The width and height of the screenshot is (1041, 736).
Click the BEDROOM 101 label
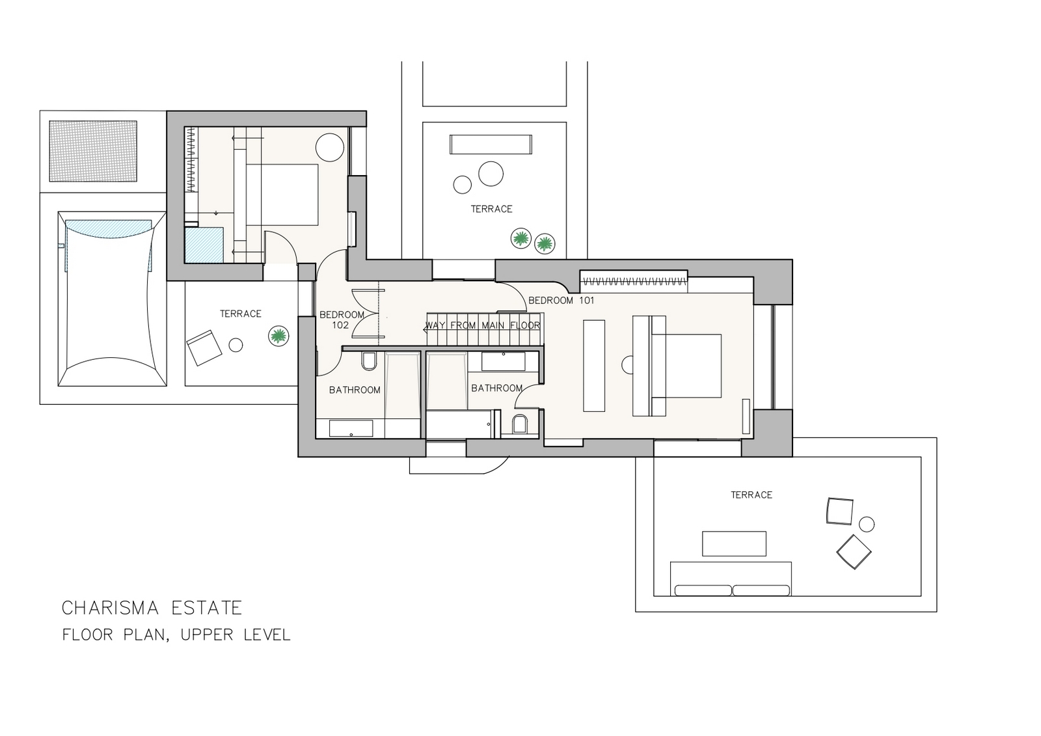[x=561, y=301]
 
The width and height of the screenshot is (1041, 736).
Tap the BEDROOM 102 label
[x=342, y=320]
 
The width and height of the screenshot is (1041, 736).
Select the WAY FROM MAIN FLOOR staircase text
[x=483, y=325]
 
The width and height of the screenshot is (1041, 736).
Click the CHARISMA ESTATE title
[x=152, y=608]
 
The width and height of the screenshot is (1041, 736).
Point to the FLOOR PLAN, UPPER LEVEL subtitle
[x=176, y=634]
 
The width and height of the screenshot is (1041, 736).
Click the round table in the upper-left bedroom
[x=329, y=147]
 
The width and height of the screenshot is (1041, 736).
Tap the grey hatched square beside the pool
[x=93, y=151]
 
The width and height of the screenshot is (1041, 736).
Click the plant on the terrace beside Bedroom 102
[x=278, y=336]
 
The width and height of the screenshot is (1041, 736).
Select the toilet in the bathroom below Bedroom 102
[x=369, y=362]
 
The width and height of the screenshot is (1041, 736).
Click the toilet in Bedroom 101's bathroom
[x=520, y=424]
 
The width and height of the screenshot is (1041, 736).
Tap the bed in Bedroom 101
[x=677, y=366]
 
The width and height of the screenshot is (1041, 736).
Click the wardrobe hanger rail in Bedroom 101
[x=634, y=281]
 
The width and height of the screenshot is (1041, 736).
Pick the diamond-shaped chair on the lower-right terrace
[x=854, y=552]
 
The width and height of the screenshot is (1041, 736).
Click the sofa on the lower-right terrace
[x=731, y=579]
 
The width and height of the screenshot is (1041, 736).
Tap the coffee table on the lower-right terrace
[x=735, y=543]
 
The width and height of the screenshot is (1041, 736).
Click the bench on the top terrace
[x=491, y=144]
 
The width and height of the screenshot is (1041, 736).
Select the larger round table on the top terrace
[x=491, y=173]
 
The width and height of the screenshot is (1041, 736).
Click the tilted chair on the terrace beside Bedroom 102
[x=204, y=348]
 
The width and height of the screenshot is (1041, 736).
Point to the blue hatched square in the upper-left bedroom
[x=204, y=245]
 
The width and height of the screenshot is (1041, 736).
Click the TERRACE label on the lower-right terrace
[x=751, y=495]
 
